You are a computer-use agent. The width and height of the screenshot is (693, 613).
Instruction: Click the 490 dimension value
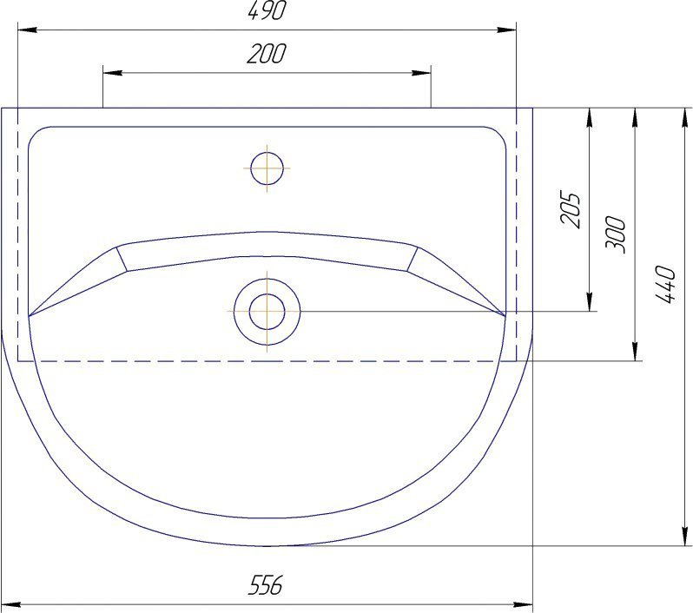[266, 10]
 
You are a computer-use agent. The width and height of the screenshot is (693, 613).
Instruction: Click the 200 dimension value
[266, 54]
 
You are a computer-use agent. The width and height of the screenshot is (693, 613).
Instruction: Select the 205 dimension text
[570, 208]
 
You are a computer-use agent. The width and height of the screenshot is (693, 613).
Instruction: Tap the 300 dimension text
[616, 234]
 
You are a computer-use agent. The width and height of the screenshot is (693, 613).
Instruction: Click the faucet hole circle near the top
[267, 168]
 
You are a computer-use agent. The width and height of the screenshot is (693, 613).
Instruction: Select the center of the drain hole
[267, 311]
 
